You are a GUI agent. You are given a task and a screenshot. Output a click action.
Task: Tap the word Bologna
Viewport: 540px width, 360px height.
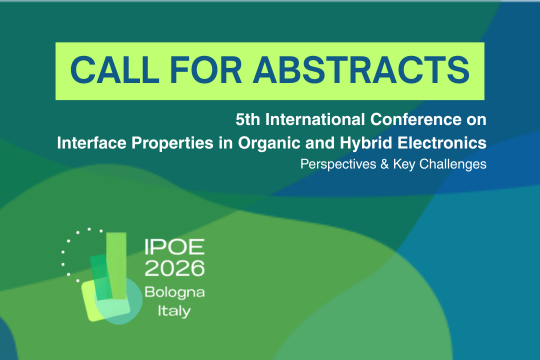click(173, 291)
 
